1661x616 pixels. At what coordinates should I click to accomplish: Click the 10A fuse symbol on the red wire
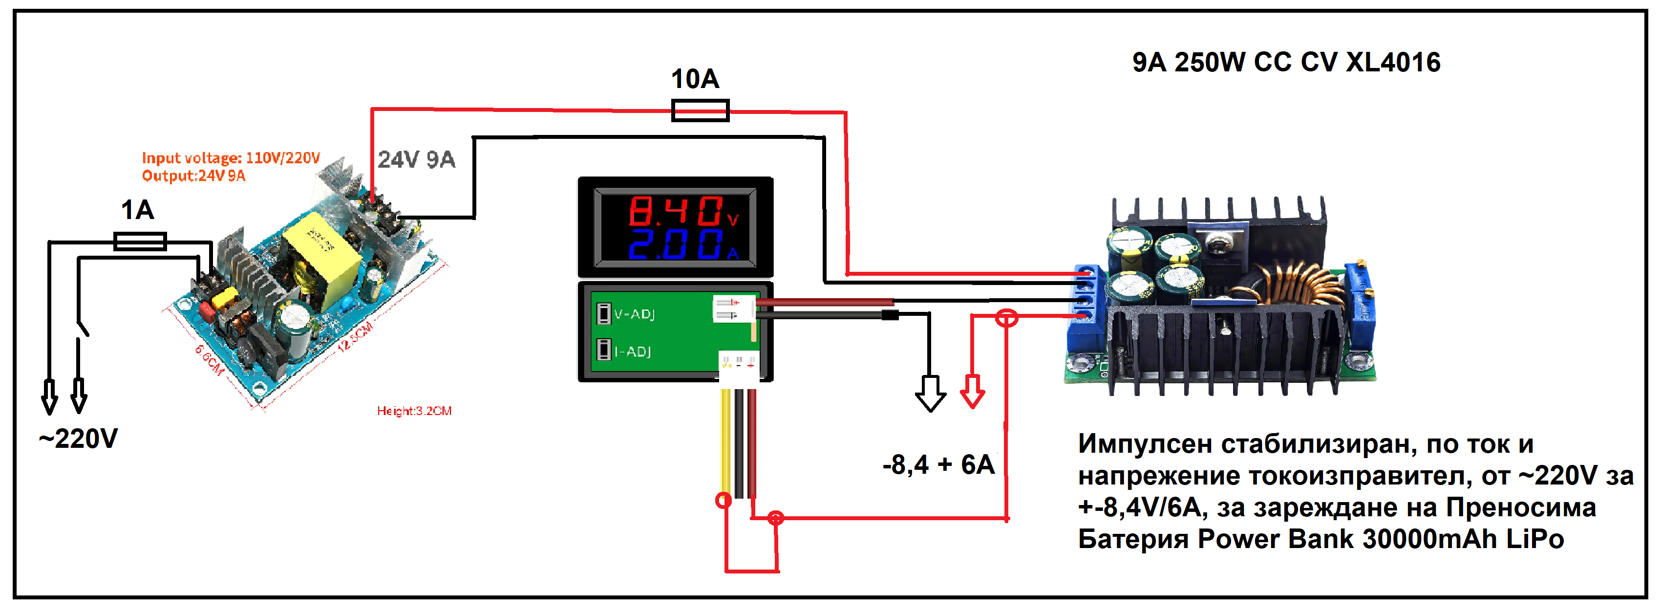700,110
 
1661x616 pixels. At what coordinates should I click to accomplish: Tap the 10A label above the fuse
695,79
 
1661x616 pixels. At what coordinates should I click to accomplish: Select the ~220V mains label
79,439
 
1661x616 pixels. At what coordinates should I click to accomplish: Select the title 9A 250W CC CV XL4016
1286,63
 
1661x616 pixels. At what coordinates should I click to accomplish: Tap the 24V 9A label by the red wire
417,159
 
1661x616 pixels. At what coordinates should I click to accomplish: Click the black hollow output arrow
930,394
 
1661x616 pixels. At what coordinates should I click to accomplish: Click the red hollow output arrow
972,391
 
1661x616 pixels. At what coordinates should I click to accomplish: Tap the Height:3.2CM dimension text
414,411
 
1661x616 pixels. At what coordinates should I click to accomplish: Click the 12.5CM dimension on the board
355,337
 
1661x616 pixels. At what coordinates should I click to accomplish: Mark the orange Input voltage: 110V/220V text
230,158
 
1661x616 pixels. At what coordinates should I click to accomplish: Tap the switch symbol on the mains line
82,328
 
